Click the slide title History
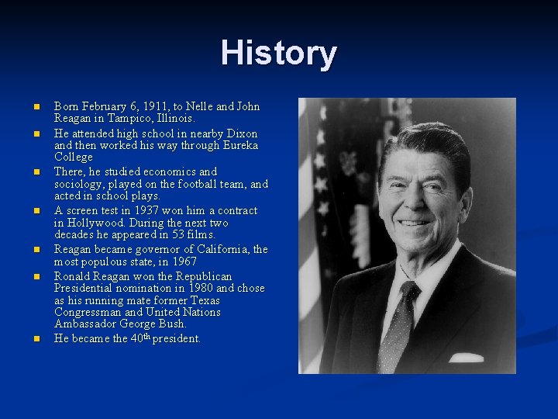click(278, 54)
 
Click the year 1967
click(182, 261)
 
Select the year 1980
click(200, 288)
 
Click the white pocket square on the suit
click(466, 358)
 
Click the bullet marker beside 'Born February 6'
click(36, 106)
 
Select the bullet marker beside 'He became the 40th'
click(36, 339)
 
